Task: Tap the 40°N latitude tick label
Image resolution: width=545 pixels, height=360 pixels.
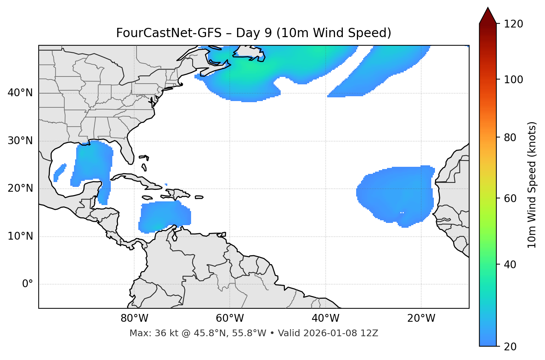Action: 20,93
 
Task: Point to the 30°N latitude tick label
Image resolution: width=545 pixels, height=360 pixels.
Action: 20,141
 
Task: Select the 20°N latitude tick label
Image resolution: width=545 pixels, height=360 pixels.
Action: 20,188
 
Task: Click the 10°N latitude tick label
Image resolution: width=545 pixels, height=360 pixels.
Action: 20,236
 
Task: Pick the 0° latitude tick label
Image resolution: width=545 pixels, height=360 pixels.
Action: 28,284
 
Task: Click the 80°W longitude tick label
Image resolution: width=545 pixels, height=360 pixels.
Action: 134,318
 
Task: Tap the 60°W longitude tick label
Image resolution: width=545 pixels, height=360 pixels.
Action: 230,318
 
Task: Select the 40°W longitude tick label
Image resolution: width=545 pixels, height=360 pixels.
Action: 325,318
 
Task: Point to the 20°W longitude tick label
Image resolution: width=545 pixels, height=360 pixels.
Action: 421,318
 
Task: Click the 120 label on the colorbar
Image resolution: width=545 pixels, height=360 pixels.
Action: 513,24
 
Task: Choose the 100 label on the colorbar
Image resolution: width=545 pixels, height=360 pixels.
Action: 513,80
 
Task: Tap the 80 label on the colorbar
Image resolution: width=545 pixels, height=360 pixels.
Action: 510,137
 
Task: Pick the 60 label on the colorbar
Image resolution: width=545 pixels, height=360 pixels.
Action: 510,198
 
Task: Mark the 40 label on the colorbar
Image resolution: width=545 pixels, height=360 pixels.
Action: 510,265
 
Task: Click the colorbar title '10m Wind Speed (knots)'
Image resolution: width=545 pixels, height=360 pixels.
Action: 532,185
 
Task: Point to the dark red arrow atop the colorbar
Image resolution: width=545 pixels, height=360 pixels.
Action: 488,16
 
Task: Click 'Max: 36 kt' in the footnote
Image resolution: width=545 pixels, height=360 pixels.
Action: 147,333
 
